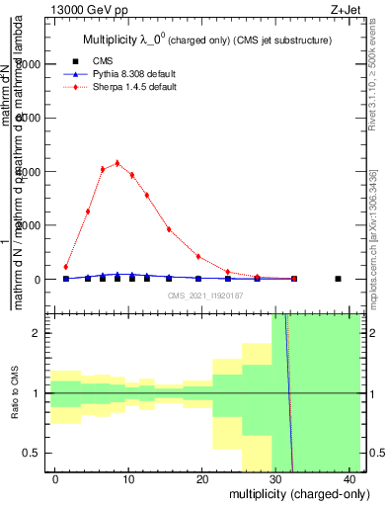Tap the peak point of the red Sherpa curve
(x=117, y=163)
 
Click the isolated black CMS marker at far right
(x=339, y=279)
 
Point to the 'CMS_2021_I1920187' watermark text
(x=205, y=295)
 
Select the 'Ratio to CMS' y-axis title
(x=15, y=392)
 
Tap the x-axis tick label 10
(x=130, y=478)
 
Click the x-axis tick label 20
(x=203, y=478)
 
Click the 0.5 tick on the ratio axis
(x=37, y=453)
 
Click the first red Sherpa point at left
(x=66, y=267)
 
